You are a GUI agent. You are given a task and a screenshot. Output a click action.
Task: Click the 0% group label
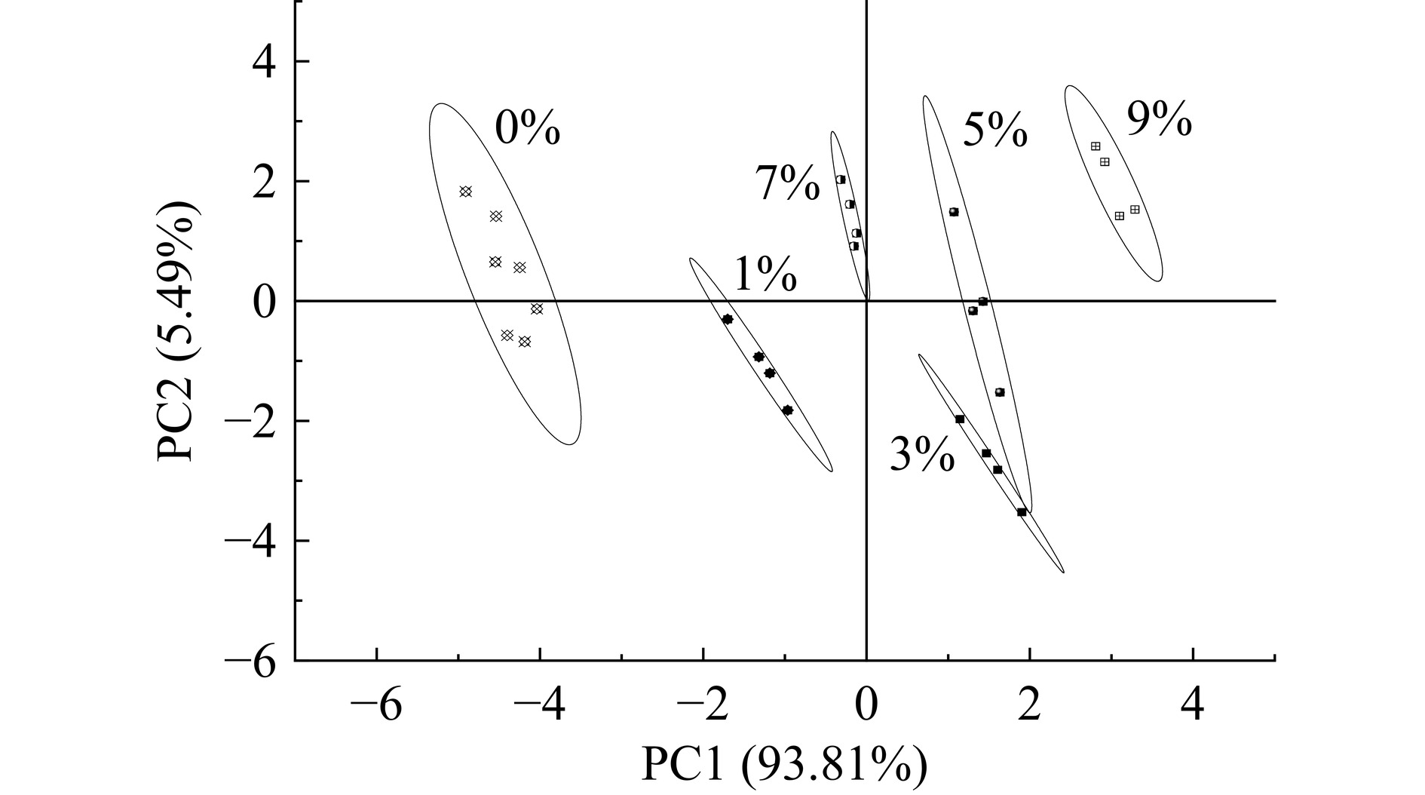527,128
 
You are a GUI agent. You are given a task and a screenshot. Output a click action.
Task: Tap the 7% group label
787,184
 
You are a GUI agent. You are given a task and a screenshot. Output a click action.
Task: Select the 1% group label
765,275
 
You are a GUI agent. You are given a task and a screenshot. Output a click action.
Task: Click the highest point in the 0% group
465,192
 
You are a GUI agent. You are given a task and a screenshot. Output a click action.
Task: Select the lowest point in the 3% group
1022,512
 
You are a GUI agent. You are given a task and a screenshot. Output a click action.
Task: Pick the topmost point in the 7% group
841,180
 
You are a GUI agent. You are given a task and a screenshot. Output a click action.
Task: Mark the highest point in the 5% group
954,212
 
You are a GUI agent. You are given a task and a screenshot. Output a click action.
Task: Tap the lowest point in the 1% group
787,410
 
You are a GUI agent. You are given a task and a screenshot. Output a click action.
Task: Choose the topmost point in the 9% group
1096,146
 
